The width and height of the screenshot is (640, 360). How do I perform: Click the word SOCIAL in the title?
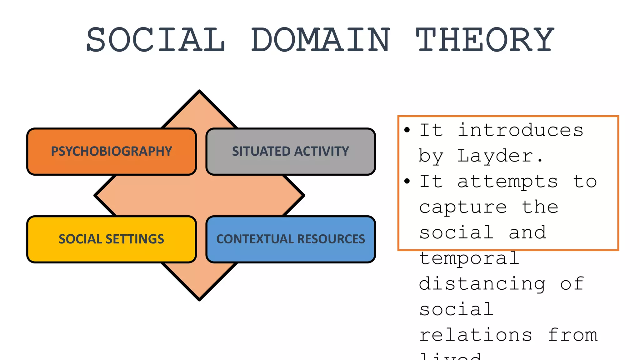tap(156, 40)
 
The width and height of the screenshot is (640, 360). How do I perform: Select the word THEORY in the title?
tap(485, 40)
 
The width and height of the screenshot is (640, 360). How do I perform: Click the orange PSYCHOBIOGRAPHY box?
tap(112, 152)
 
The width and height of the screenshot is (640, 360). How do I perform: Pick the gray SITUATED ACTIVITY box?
tap(291, 152)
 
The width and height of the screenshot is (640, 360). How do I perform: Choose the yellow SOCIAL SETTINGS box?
tap(112, 239)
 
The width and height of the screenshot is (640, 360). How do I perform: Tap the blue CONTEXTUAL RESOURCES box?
tap(291, 239)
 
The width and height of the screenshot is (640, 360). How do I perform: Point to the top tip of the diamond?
tap(199, 91)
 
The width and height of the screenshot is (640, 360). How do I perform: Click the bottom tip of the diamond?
tap(199, 300)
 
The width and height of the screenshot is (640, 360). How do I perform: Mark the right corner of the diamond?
tap(303, 196)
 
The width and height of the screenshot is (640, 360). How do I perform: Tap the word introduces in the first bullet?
tap(520, 130)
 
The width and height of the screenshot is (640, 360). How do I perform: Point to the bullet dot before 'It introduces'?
tap(407, 130)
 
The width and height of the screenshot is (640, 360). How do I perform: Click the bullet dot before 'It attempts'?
tap(407, 181)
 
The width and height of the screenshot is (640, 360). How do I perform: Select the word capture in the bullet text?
tap(463, 207)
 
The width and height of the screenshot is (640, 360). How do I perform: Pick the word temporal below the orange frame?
tap(469, 259)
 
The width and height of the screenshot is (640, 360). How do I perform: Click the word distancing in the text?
tap(482, 284)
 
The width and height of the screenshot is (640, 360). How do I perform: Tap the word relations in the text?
tap(476, 335)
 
